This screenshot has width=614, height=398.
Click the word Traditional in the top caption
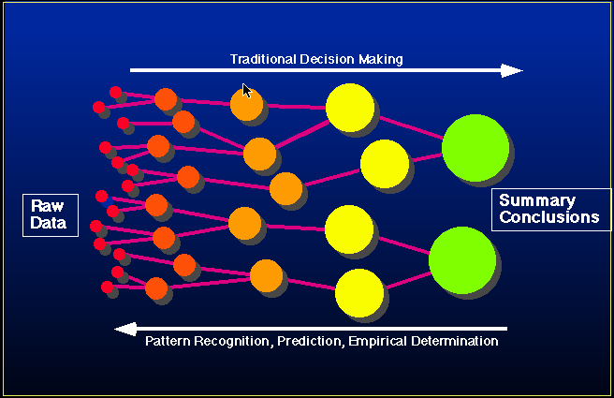tap(263, 59)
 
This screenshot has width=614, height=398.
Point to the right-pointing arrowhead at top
tap(512, 70)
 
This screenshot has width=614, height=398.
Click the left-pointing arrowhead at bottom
tap(125, 329)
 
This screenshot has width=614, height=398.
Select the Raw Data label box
tap(51, 215)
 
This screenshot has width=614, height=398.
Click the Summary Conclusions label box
tap(551, 210)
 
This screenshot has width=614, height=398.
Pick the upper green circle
tap(475, 148)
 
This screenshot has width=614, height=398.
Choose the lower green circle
tap(462, 260)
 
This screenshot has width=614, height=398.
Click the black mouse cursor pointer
tap(247, 91)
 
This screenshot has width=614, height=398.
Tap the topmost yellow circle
tap(350, 108)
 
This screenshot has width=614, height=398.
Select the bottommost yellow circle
tap(359, 293)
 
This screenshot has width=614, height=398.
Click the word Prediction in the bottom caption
tap(310, 341)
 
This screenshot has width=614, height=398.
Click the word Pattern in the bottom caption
tap(168, 341)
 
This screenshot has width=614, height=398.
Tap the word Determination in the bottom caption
tap(455, 341)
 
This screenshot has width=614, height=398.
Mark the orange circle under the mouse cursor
tap(247, 105)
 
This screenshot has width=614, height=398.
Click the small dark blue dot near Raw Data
tap(107, 202)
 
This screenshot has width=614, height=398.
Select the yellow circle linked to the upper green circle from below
tap(385, 164)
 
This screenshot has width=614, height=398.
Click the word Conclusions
tap(549, 217)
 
